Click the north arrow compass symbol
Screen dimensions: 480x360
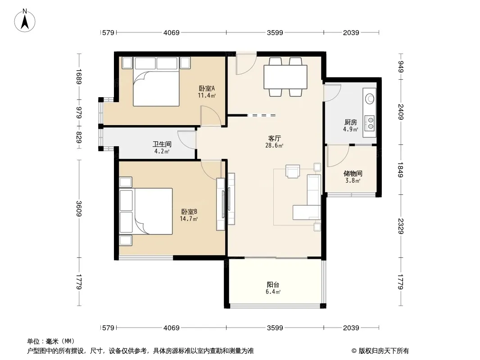[25, 20]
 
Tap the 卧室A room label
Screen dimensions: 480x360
[207, 88]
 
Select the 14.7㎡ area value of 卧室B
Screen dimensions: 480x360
[189, 219]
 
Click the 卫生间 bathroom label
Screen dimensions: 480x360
[162, 144]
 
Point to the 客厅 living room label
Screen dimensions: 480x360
[274, 139]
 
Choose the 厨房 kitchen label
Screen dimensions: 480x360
[350, 122]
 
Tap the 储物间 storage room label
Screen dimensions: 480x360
[353, 173]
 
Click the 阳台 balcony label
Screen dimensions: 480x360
[273, 285]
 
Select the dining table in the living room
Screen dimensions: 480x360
[285, 77]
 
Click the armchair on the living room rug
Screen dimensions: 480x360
[293, 171]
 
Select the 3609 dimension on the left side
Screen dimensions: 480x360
[79, 209]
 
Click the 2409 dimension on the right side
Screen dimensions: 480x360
[401, 112]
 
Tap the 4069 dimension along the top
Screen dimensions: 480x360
[172, 32]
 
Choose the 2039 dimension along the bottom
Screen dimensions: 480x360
[351, 328]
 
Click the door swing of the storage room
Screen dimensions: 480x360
[338, 156]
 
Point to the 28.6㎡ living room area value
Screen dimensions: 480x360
[274, 146]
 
